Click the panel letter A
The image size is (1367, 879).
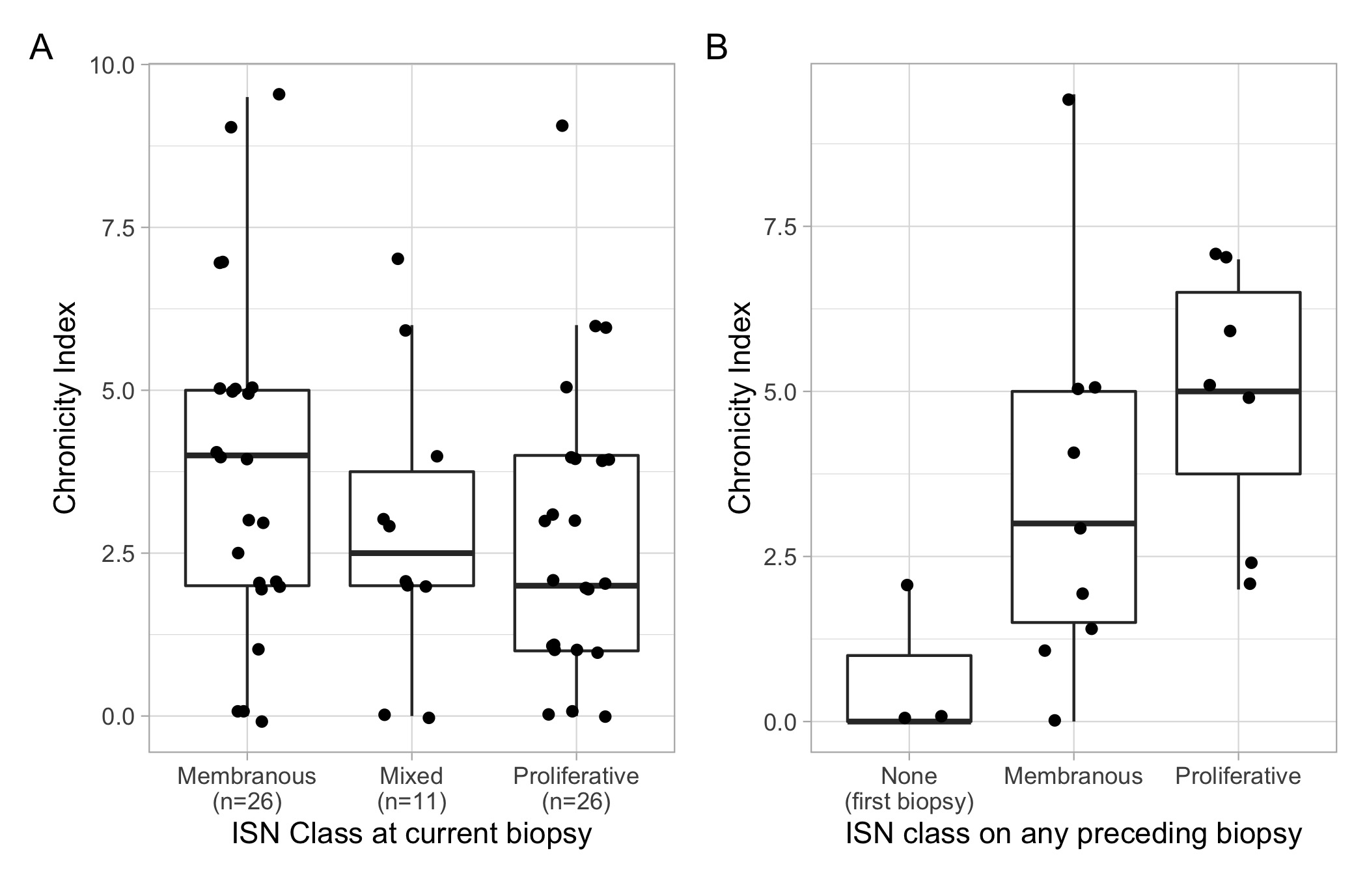(x=41, y=48)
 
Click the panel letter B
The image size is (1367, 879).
(x=716, y=48)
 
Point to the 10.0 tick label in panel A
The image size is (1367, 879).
(x=112, y=65)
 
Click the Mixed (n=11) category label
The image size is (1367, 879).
(x=411, y=788)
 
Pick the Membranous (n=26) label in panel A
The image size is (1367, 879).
(x=247, y=788)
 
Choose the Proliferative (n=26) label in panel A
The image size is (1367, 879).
(x=576, y=788)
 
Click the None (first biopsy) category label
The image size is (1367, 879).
(x=909, y=788)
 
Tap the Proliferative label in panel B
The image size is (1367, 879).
(x=1237, y=776)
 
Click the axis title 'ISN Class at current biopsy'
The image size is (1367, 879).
(x=411, y=834)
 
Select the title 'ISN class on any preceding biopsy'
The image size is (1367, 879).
(x=1073, y=834)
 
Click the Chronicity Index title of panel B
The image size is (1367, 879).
(x=739, y=408)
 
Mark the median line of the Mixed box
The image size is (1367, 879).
(x=411, y=553)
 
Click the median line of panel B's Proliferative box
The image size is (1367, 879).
(x=1237, y=391)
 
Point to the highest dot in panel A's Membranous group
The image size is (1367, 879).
(x=279, y=94)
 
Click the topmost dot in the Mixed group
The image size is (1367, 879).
(x=398, y=259)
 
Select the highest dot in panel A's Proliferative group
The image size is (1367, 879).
(x=562, y=126)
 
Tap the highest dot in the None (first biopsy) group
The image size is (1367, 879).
(x=907, y=585)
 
